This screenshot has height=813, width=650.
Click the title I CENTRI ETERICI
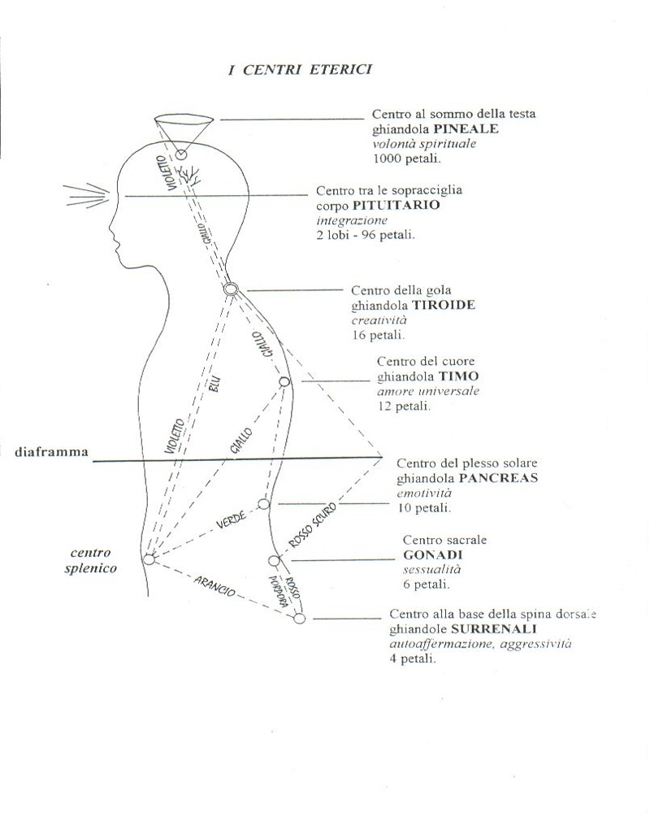pyautogui.click(x=300, y=69)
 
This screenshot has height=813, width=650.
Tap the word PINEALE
pyautogui.click(x=466, y=128)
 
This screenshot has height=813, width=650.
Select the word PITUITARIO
pyautogui.click(x=396, y=205)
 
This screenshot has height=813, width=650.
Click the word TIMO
pyautogui.click(x=459, y=376)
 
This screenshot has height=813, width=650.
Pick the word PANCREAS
pyautogui.click(x=498, y=477)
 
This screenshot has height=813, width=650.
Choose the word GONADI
pyautogui.click(x=433, y=554)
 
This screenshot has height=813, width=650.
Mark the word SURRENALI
pyautogui.click(x=493, y=629)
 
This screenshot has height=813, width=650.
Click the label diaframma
pyautogui.click(x=51, y=451)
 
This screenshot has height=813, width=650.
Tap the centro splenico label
pyautogui.click(x=91, y=560)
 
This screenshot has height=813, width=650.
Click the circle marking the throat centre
pyautogui.click(x=231, y=289)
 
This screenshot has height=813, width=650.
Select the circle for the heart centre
pyautogui.click(x=284, y=382)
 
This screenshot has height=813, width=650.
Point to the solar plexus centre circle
pyautogui.click(x=264, y=504)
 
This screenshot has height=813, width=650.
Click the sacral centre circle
pyautogui.click(x=274, y=560)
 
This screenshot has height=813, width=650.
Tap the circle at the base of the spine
pyautogui.click(x=299, y=618)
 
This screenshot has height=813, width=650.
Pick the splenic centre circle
pyautogui.click(x=149, y=559)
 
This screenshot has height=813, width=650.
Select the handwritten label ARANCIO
pyautogui.click(x=214, y=585)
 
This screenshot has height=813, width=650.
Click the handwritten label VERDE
pyautogui.click(x=232, y=520)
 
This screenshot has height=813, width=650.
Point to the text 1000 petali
pyautogui.click(x=407, y=159)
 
